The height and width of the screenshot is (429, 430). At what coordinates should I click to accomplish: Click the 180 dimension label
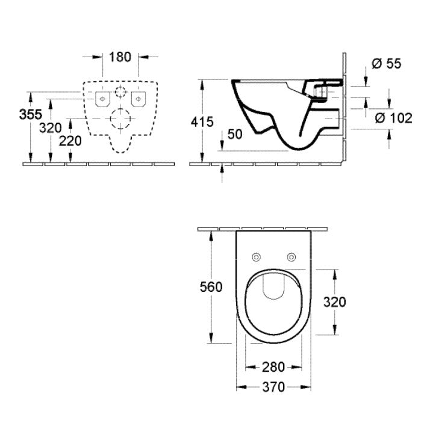[x=120, y=57]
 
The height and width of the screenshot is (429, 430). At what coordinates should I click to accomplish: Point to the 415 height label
[x=202, y=122]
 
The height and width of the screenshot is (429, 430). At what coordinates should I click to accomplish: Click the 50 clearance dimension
[x=234, y=134]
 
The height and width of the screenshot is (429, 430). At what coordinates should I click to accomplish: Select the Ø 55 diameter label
[x=385, y=64]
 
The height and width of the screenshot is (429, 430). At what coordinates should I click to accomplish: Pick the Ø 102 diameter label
[x=393, y=118]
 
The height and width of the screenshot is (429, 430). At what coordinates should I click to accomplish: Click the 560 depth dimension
[x=210, y=288]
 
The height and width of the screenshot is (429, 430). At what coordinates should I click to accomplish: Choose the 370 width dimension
[x=274, y=387]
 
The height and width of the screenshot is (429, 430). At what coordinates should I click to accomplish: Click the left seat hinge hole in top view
[x=257, y=258]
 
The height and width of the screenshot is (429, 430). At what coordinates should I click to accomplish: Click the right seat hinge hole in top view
[x=292, y=258]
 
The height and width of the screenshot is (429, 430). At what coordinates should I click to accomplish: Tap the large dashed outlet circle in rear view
[x=120, y=119]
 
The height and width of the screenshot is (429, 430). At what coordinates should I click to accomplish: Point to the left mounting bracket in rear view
[x=101, y=97]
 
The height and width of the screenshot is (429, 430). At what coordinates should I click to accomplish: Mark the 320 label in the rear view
[x=51, y=128]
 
